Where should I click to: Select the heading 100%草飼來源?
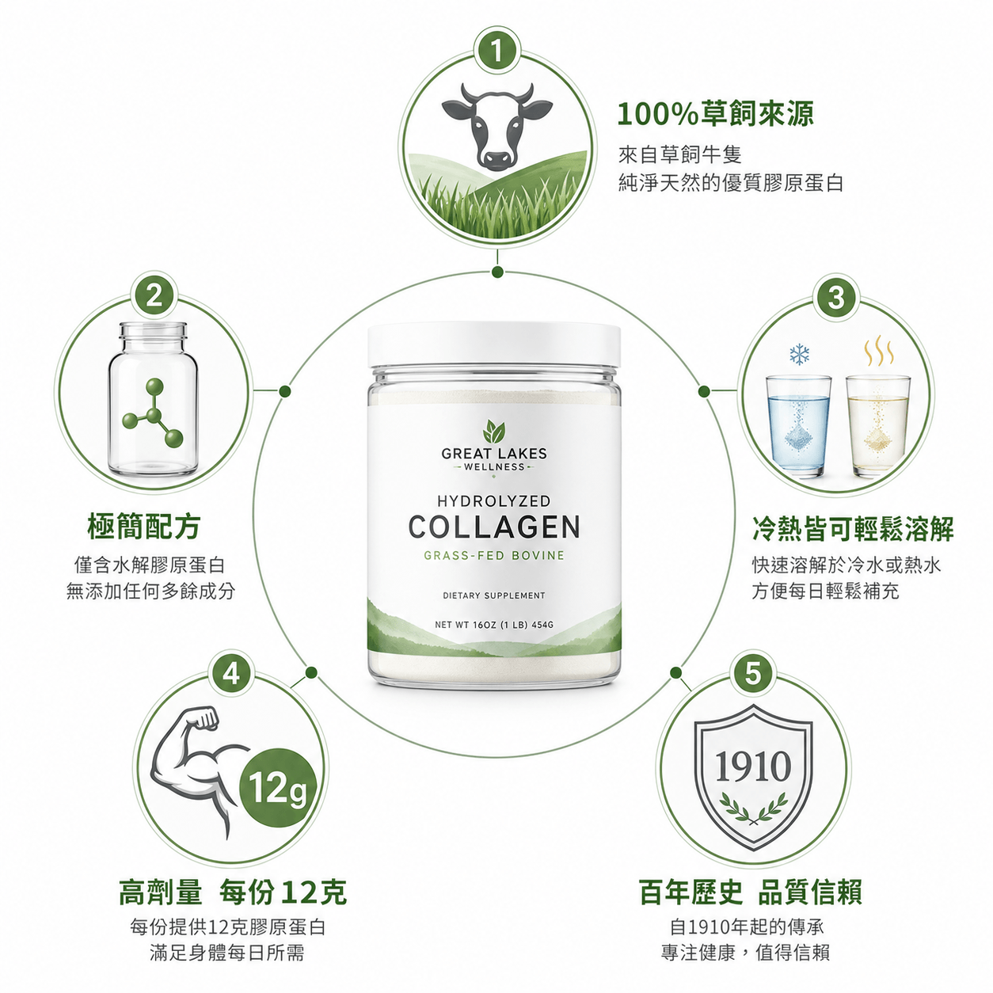(x=715, y=114)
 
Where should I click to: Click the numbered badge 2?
(x=154, y=297)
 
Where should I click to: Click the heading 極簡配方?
(x=145, y=527)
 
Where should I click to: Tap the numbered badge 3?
(x=836, y=298)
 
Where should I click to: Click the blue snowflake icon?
(x=799, y=355)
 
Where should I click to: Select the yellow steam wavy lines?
(x=879, y=351)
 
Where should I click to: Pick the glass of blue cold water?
(x=798, y=426)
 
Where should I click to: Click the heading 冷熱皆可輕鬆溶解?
(x=853, y=529)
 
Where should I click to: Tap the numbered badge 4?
(x=232, y=673)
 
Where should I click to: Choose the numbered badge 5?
(x=752, y=673)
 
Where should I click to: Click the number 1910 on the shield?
(x=753, y=767)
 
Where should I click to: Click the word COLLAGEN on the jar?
(x=494, y=527)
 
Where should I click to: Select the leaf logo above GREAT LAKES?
(x=494, y=432)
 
